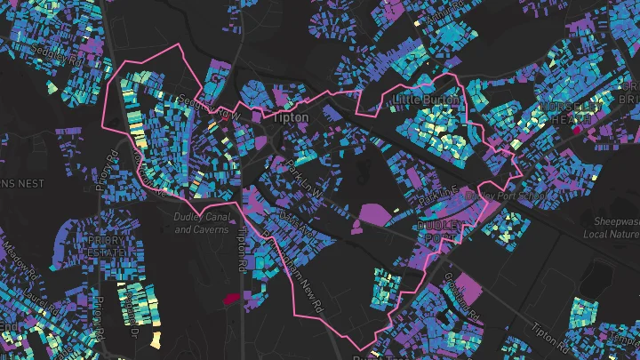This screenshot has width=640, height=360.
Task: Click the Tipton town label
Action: pos(291,117)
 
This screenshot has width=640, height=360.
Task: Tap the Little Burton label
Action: pos(425,100)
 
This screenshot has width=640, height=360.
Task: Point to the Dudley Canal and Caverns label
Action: pos(204,223)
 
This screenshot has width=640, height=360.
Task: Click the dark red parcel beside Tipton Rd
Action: pos(233,300)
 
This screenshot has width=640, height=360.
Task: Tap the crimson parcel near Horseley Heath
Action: pos(576,130)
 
